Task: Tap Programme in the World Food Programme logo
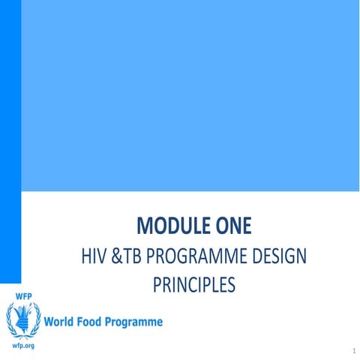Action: tap(137, 322)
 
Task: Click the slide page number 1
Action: tap(352, 350)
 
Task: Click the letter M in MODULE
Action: tap(146, 225)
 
